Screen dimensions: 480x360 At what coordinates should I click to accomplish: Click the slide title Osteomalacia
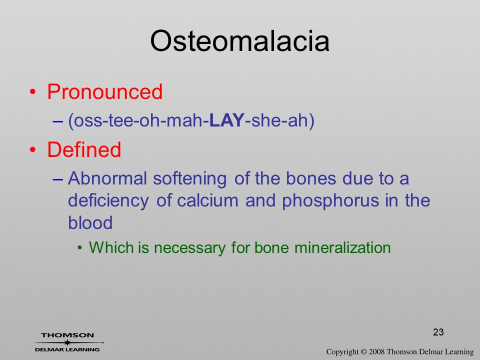(x=239, y=41)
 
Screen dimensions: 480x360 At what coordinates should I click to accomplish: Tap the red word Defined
(x=84, y=149)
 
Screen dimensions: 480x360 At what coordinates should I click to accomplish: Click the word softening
(x=190, y=179)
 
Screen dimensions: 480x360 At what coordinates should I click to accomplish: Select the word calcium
(x=207, y=200)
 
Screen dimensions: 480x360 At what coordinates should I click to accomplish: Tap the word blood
(x=90, y=222)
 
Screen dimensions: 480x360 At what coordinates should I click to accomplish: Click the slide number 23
(x=438, y=332)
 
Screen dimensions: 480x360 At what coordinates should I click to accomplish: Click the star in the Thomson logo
(x=67, y=342)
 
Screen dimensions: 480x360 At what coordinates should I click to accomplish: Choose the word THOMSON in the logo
(x=67, y=335)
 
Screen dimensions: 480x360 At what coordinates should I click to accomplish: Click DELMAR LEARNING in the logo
(x=67, y=349)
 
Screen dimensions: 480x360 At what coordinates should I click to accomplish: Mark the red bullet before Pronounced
(x=33, y=92)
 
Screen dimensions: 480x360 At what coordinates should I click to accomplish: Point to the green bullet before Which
(x=80, y=248)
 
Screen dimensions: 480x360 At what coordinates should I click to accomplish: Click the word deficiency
(x=108, y=201)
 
